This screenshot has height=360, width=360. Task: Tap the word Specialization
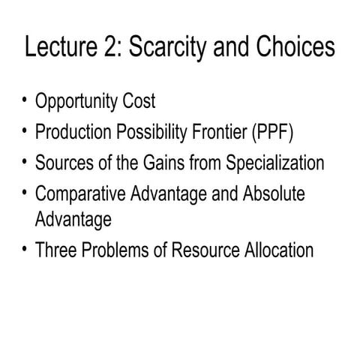coord(271,162)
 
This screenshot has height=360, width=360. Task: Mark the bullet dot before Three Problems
coord(25,248)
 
